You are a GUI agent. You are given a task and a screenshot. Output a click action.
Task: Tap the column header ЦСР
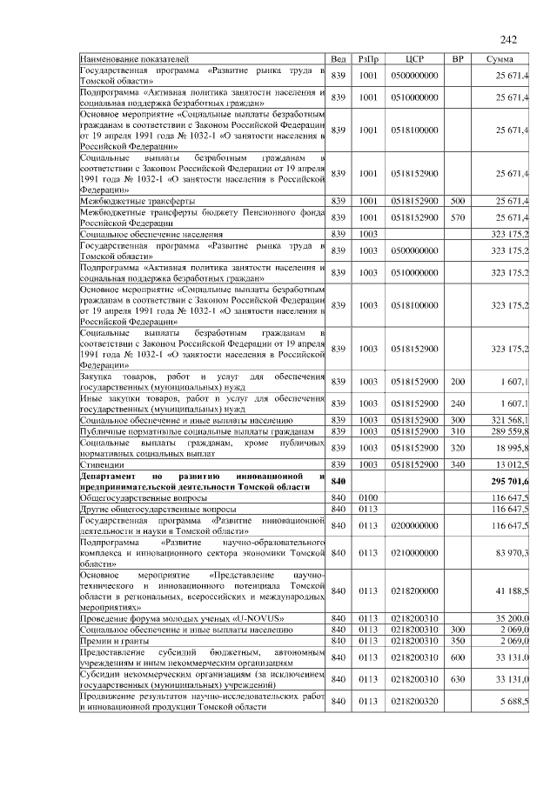click(414, 59)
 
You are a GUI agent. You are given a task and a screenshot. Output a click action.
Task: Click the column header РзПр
click(367, 59)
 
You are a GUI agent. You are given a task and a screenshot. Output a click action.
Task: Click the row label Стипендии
click(97, 465)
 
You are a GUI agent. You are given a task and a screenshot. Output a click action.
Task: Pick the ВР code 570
click(458, 217)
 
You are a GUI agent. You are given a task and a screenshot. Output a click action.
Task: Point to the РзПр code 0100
click(367, 497)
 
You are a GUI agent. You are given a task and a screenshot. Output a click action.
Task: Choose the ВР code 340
click(458, 465)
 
